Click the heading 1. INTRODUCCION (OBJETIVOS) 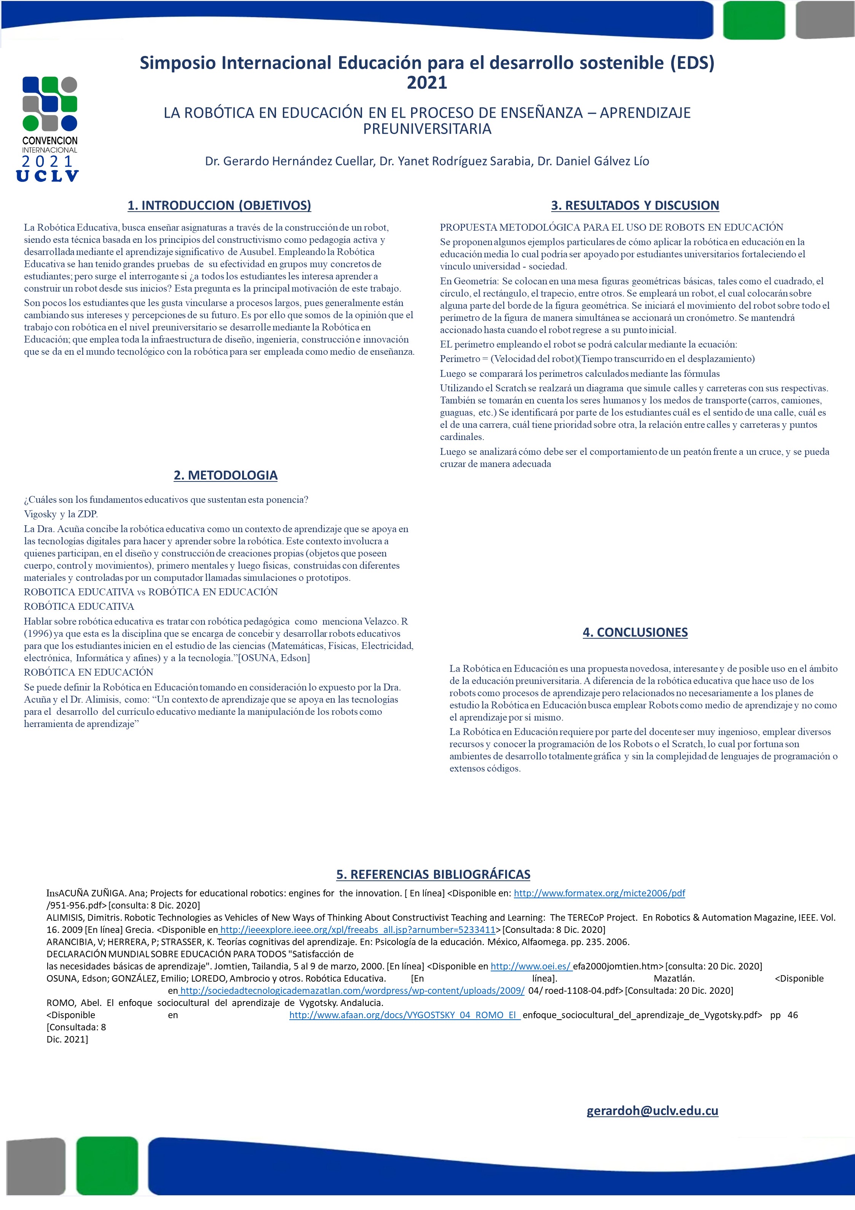[219, 205]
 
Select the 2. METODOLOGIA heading [226, 475]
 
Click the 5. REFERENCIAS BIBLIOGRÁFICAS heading [433, 874]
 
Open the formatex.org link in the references [599, 893]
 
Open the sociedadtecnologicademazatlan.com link [352, 990]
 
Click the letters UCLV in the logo [48, 176]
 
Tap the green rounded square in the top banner [754, 20]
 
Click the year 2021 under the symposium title [427, 83]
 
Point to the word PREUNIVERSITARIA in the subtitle [427, 129]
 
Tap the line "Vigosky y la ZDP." [61, 514]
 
